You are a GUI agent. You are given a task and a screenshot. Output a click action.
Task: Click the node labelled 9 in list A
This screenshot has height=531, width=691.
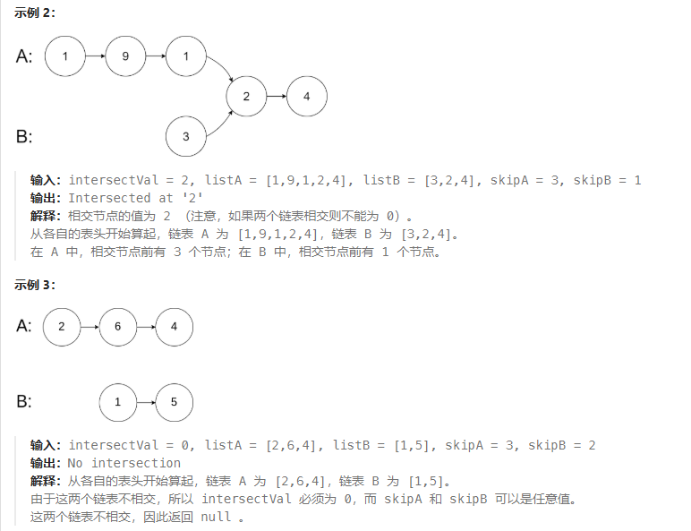click(x=125, y=56)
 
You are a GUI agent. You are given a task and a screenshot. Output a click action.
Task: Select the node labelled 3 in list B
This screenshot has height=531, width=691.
click(x=186, y=137)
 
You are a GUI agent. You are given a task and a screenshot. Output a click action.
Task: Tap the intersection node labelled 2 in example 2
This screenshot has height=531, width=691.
click(x=247, y=97)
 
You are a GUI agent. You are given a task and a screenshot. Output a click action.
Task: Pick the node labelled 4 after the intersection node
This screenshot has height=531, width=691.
click(x=307, y=97)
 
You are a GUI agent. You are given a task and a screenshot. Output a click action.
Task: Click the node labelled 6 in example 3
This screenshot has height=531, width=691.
click(x=118, y=327)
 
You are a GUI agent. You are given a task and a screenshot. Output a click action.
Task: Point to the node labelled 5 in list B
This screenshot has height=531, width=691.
click(x=175, y=402)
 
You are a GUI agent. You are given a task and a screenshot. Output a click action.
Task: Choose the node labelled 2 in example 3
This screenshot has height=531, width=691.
click(x=62, y=327)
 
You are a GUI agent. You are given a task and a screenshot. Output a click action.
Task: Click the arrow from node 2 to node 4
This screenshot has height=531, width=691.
click(x=277, y=97)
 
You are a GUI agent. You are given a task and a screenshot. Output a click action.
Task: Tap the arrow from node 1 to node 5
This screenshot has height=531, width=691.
click(x=146, y=402)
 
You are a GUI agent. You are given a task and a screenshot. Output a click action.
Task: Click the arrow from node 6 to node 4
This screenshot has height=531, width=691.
click(x=146, y=327)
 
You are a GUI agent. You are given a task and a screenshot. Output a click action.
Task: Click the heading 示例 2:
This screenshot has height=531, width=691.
click(x=35, y=13)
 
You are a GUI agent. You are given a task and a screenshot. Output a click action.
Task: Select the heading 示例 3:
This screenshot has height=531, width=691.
click(x=35, y=285)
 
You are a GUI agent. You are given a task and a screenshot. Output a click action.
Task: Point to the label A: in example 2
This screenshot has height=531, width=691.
click(x=24, y=56)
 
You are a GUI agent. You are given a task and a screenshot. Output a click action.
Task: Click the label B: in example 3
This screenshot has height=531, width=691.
click(x=24, y=402)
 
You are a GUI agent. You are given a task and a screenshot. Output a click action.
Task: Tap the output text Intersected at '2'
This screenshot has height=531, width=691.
click(x=136, y=198)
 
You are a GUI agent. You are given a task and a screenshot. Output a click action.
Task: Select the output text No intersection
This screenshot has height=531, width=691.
click(x=124, y=463)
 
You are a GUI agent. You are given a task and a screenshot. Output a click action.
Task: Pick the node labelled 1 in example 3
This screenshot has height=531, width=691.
click(x=118, y=402)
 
